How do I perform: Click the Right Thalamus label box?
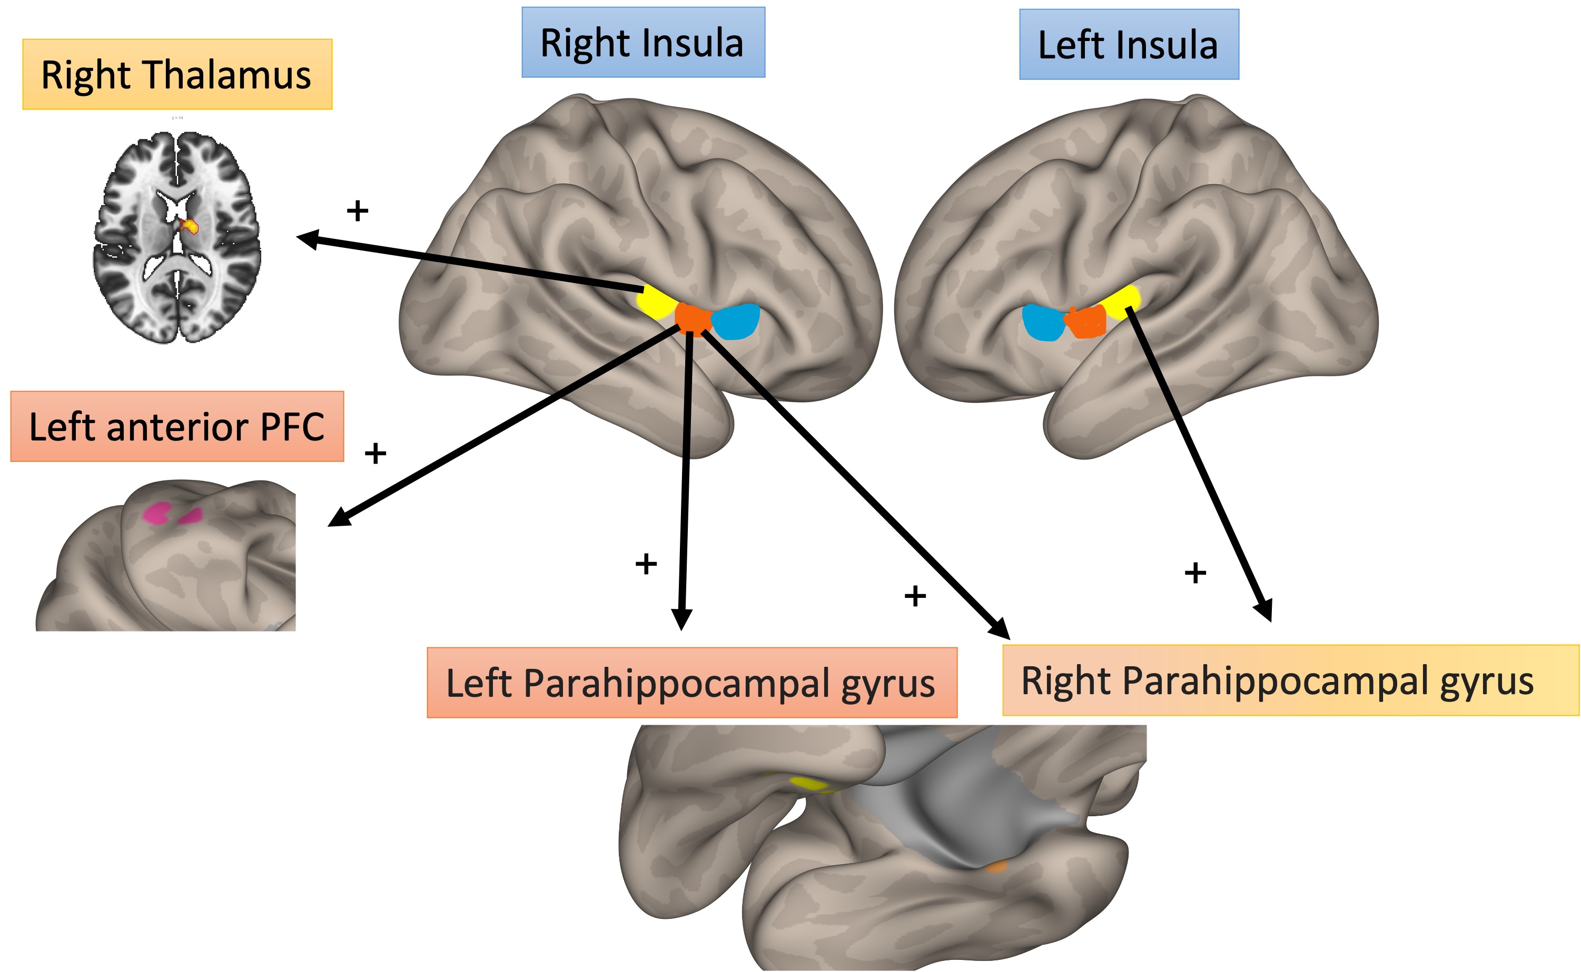coord(177,75)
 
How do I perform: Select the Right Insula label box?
coord(643,43)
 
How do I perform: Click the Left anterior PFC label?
coord(177,426)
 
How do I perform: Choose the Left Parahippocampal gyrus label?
coord(691,683)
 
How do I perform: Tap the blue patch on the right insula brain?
coord(736,322)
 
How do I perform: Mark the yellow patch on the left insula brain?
coord(1121,299)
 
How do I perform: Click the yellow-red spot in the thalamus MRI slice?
coord(190,226)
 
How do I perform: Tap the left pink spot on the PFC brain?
coord(156,513)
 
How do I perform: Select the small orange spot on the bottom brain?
coord(996,867)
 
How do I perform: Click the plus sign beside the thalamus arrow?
coord(358,210)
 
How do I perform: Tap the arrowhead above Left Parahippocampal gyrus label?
coord(681,618)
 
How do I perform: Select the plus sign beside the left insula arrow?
coord(1195,573)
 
